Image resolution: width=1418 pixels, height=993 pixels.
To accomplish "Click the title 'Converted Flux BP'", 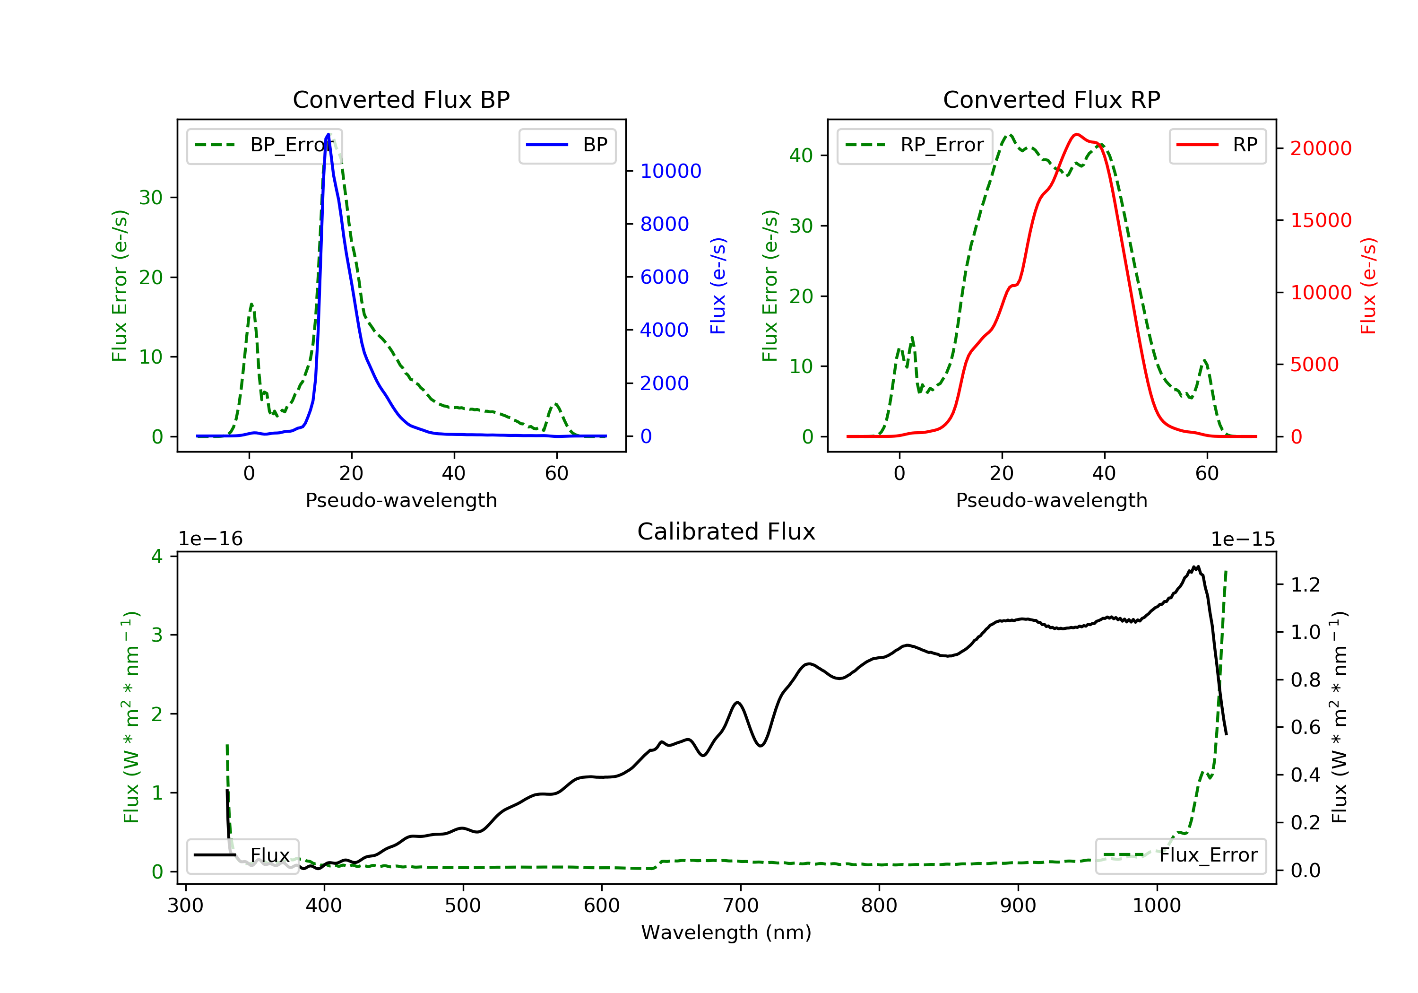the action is pos(401,99).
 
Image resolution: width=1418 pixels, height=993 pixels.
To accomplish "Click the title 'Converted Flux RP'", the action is pos(1051,99).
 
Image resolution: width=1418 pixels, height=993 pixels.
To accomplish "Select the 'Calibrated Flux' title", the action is pos(726,531).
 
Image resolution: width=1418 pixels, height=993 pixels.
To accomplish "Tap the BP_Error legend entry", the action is pos(264,145).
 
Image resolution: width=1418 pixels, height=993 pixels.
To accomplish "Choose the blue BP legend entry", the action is pos(567,145).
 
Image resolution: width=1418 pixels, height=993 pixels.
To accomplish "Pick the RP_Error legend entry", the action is pos(914,145).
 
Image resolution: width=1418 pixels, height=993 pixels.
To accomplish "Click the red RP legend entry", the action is pos(1217,145).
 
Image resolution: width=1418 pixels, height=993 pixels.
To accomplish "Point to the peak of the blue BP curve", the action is pos(328,134).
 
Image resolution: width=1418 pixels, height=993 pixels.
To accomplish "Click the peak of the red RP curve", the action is pos(1076,134).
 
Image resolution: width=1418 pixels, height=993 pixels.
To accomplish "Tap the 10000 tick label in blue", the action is pos(671,171).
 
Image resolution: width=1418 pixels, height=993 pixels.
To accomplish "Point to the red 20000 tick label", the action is pos(1321,148).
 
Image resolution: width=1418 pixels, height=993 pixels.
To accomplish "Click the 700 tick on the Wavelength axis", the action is pos(741,906).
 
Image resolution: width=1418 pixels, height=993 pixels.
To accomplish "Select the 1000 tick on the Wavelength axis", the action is pos(1157,906).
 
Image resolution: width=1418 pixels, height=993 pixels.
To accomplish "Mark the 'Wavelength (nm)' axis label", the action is pos(726,932).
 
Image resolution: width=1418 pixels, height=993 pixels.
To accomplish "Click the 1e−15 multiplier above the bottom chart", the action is pos(1243,540).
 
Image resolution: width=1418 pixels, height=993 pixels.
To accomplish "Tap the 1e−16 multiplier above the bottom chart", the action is pos(211,539).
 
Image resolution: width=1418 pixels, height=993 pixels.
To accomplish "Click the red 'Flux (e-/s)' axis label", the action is pos(1368,286).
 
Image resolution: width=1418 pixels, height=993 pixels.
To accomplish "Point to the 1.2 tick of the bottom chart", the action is pos(1306,584).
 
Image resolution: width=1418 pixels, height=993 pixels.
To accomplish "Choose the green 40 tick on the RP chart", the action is pos(801,156).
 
